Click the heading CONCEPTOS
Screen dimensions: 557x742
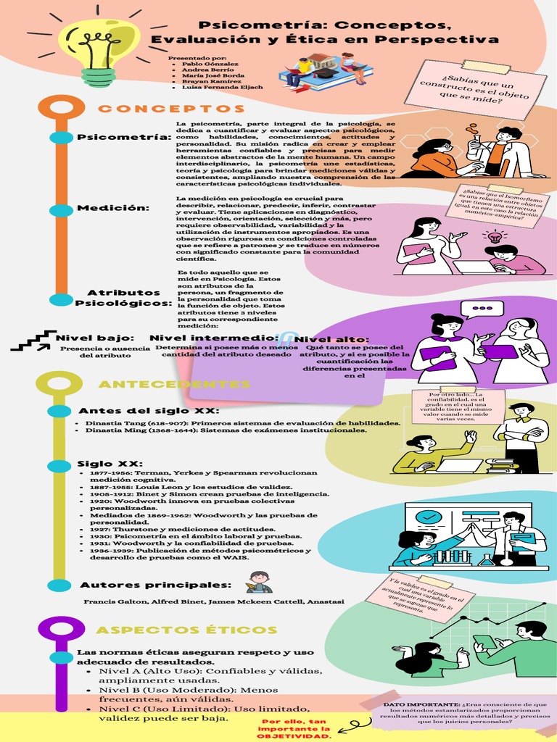click(x=162, y=109)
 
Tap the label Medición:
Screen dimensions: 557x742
click(x=113, y=209)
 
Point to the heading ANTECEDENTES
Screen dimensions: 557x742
click(x=174, y=384)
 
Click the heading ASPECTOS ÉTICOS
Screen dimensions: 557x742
click(x=186, y=630)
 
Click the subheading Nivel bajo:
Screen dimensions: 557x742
click(x=95, y=338)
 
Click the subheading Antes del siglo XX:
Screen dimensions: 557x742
click(x=149, y=411)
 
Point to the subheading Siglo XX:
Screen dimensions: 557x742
click(x=110, y=464)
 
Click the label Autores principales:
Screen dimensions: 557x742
click(x=155, y=585)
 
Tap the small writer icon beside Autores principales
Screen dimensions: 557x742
click(x=258, y=582)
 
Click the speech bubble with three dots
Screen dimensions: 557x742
click(x=482, y=309)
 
